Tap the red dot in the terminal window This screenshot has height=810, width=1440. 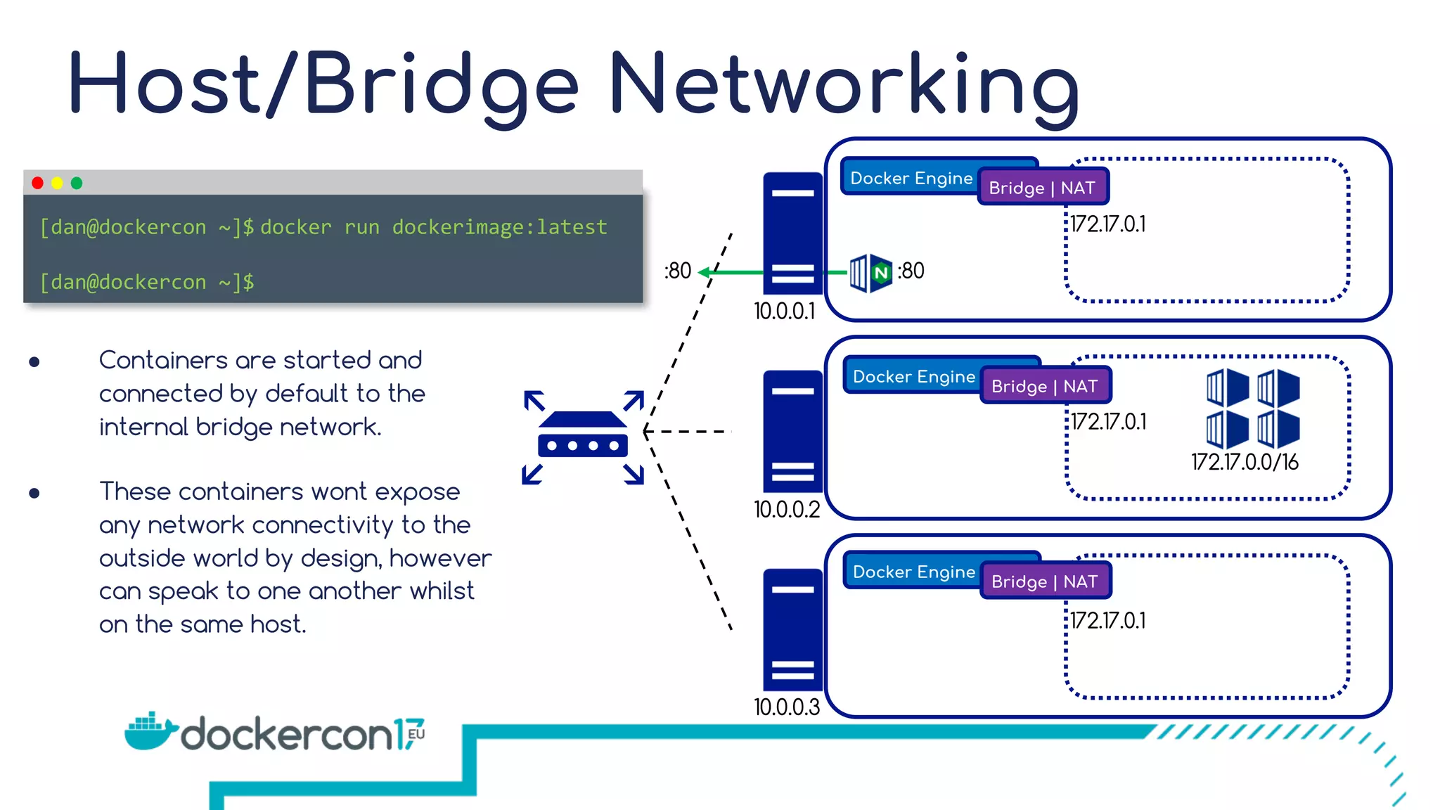[38, 183]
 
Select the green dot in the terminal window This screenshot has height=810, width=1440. [77, 183]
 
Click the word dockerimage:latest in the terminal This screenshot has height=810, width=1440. [499, 227]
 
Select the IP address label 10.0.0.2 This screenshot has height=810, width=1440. [787, 510]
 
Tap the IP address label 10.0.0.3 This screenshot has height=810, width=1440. [787, 707]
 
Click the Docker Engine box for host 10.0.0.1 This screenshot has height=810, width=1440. [911, 178]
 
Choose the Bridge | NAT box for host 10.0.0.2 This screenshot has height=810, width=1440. [1045, 386]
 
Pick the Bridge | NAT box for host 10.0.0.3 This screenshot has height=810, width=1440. [1045, 581]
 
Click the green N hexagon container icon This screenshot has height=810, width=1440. [881, 273]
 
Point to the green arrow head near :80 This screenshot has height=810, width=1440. [703, 272]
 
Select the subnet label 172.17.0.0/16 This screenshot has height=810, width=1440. [1245, 463]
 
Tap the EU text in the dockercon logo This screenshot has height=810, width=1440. [416, 733]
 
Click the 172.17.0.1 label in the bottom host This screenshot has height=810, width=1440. [1108, 621]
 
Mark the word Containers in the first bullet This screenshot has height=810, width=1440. [163, 360]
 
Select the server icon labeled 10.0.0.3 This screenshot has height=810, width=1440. [792, 629]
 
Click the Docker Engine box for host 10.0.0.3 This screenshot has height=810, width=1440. [913, 572]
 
